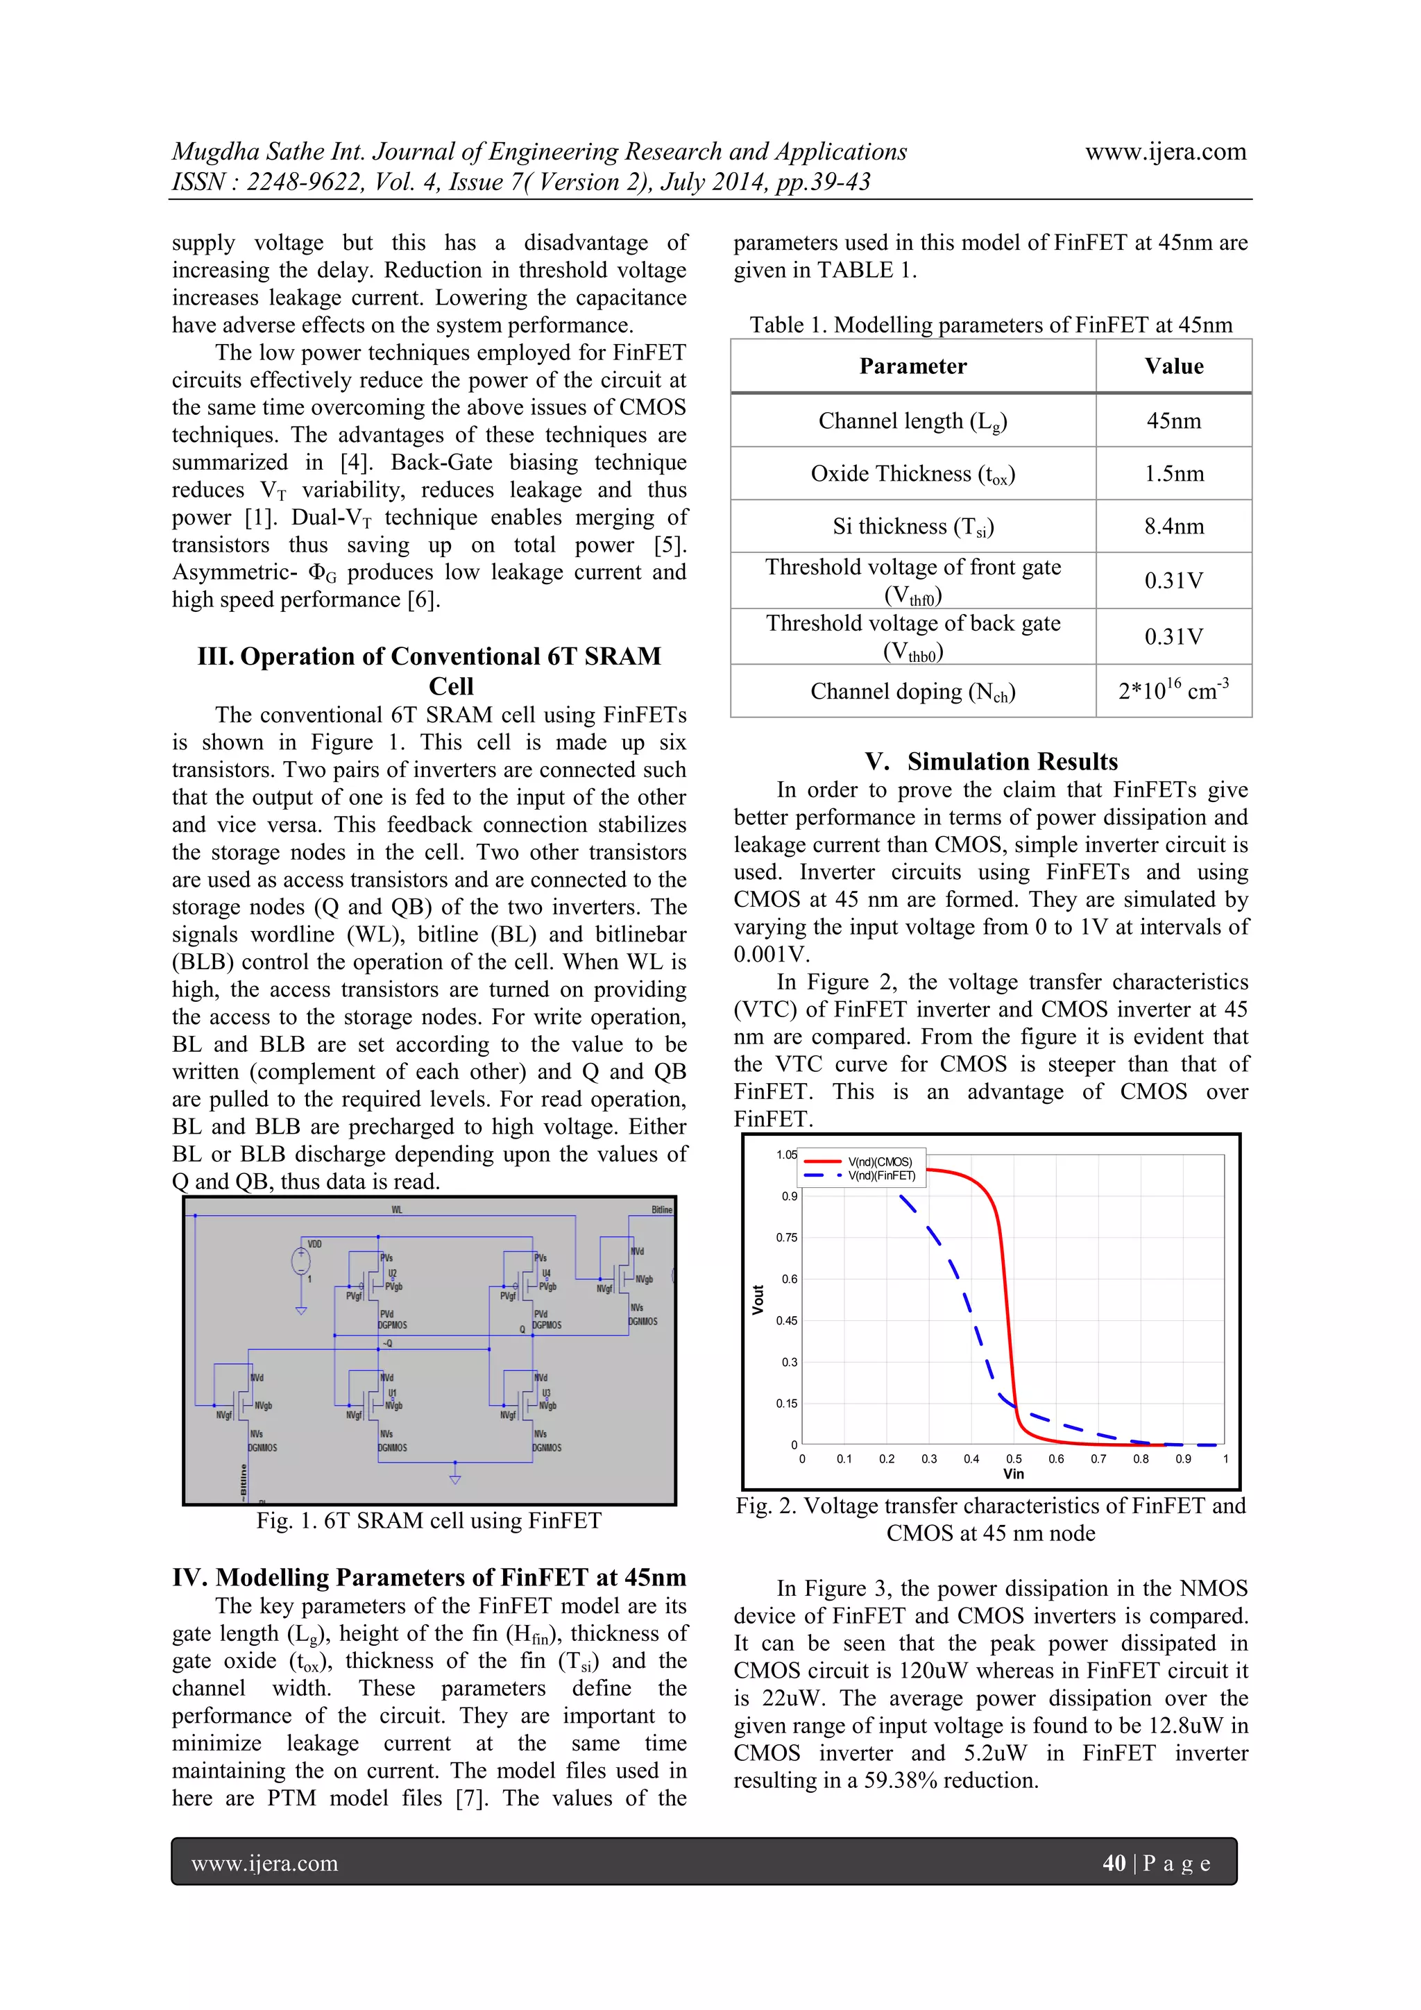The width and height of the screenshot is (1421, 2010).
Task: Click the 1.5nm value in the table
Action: (1173, 474)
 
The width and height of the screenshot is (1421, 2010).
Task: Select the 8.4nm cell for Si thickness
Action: (1173, 526)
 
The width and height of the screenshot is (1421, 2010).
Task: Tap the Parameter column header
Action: (912, 366)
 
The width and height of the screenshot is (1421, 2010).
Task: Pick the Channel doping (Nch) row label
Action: (912, 692)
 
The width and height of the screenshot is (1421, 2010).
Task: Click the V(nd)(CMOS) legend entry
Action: (879, 1161)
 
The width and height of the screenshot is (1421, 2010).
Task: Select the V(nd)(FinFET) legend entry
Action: (880, 1176)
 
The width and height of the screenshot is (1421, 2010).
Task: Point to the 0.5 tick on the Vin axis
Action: (1013, 1458)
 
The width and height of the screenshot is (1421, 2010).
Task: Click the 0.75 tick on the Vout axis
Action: (786, 1237)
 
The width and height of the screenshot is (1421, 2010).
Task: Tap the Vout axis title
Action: (758, 1300)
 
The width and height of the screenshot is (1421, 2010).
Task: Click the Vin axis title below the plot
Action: (1013, 1474)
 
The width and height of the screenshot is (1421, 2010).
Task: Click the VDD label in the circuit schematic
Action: (314, 1244)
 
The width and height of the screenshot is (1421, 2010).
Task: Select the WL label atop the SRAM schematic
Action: (397, 1210)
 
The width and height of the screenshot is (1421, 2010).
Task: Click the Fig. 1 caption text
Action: (428, 1521)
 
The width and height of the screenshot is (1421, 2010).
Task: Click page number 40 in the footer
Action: (1114, 1863)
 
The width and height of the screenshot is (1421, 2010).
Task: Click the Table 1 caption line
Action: (990, 325)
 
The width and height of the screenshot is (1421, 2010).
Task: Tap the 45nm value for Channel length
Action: (1173, 421)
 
